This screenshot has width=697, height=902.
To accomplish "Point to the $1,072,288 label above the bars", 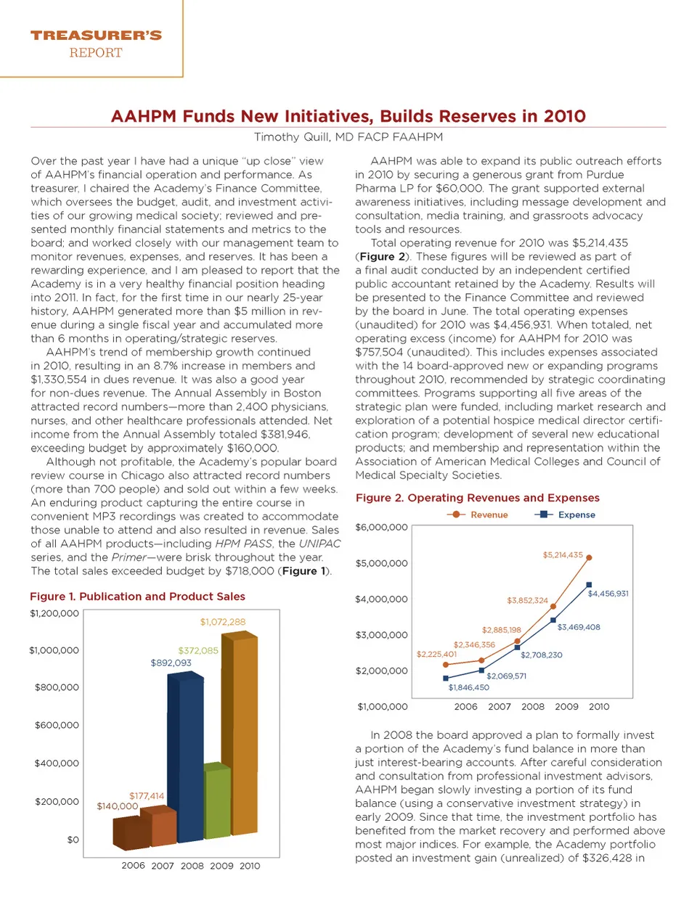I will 223,622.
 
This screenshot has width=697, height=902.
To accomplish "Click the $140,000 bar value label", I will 118,806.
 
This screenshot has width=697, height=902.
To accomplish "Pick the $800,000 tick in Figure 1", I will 57,687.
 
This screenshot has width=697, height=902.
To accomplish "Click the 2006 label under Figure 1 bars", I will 133,866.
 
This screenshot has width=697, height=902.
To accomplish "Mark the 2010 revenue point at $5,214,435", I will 589,557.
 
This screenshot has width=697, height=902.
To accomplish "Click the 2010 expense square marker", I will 589,585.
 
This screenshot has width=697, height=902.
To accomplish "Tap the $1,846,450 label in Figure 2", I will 468,687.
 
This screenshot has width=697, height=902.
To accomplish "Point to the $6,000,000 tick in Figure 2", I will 381,527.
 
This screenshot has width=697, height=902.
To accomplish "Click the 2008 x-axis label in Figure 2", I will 533,706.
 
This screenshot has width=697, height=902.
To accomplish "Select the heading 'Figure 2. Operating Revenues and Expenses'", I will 477,498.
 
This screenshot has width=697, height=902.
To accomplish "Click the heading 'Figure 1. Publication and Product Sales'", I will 137,596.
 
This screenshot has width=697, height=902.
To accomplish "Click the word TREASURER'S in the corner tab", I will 96,35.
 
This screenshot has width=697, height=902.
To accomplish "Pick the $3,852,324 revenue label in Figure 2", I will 527,600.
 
